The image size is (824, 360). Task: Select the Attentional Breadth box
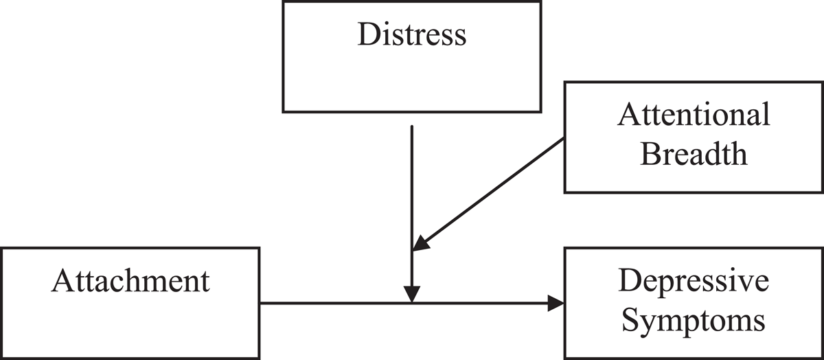click(x=694, y=137)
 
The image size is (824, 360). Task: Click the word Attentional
click(x=694, y=115)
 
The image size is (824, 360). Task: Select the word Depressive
click(x=694, y=282)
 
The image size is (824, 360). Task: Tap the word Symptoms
click(x=694, y=319)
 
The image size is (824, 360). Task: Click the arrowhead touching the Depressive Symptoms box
click(x=556, y=303)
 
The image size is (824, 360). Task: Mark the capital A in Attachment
click(x=60, y=282)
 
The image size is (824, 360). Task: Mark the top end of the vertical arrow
click(x=411, y=126)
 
